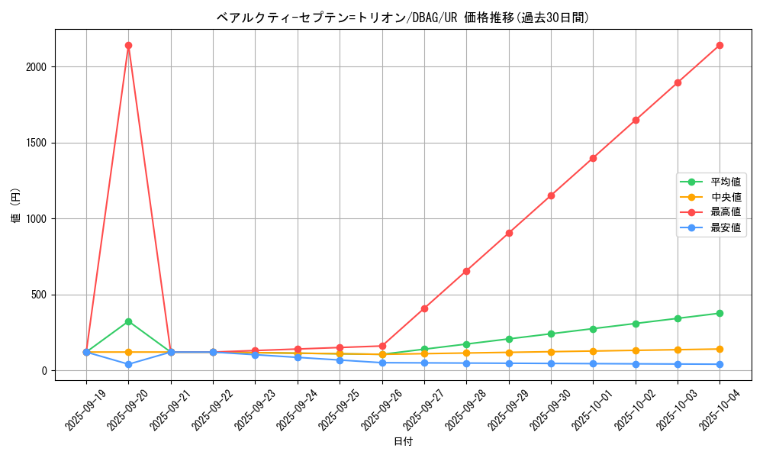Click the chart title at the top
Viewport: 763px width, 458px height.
403,18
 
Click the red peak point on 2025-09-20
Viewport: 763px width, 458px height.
128,45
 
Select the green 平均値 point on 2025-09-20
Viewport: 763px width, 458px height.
128,321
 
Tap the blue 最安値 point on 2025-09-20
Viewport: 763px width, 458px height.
128,364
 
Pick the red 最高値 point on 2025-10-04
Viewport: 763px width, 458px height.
720,45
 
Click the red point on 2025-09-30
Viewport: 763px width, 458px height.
551,195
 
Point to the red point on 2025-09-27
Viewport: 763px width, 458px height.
424,308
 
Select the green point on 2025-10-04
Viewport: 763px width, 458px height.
720,313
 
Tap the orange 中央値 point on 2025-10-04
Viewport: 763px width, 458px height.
720,349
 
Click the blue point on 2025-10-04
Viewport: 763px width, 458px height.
720,364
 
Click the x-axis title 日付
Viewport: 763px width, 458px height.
403,442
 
